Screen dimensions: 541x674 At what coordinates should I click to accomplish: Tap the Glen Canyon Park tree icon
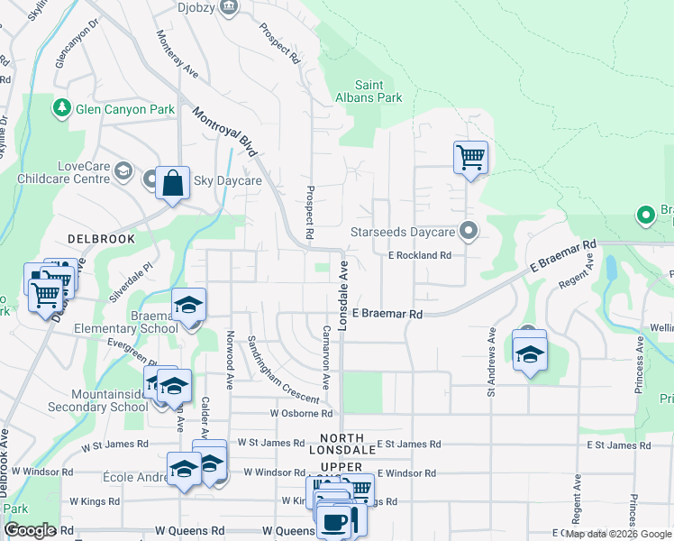[x=62, y=109]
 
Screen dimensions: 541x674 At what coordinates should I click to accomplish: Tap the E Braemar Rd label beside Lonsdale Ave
[x=387, y=314]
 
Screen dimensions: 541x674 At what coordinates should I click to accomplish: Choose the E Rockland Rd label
[x=419, y=255]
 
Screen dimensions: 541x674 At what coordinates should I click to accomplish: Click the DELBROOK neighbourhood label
[x=101, y=240]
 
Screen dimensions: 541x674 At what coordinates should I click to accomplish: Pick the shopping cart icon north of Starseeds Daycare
[x=470, y=157]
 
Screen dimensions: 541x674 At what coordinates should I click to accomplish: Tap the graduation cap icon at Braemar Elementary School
[x=188, y=304]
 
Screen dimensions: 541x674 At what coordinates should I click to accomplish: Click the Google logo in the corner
[x=31, y=530]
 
